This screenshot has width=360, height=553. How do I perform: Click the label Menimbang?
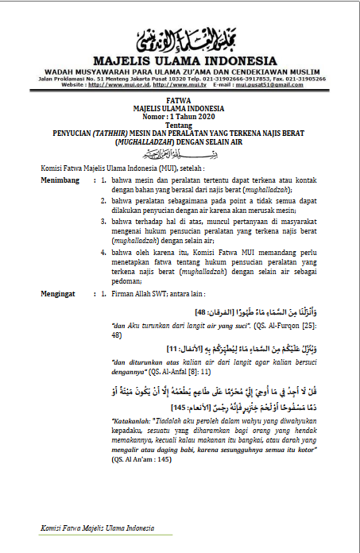[60, 181]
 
